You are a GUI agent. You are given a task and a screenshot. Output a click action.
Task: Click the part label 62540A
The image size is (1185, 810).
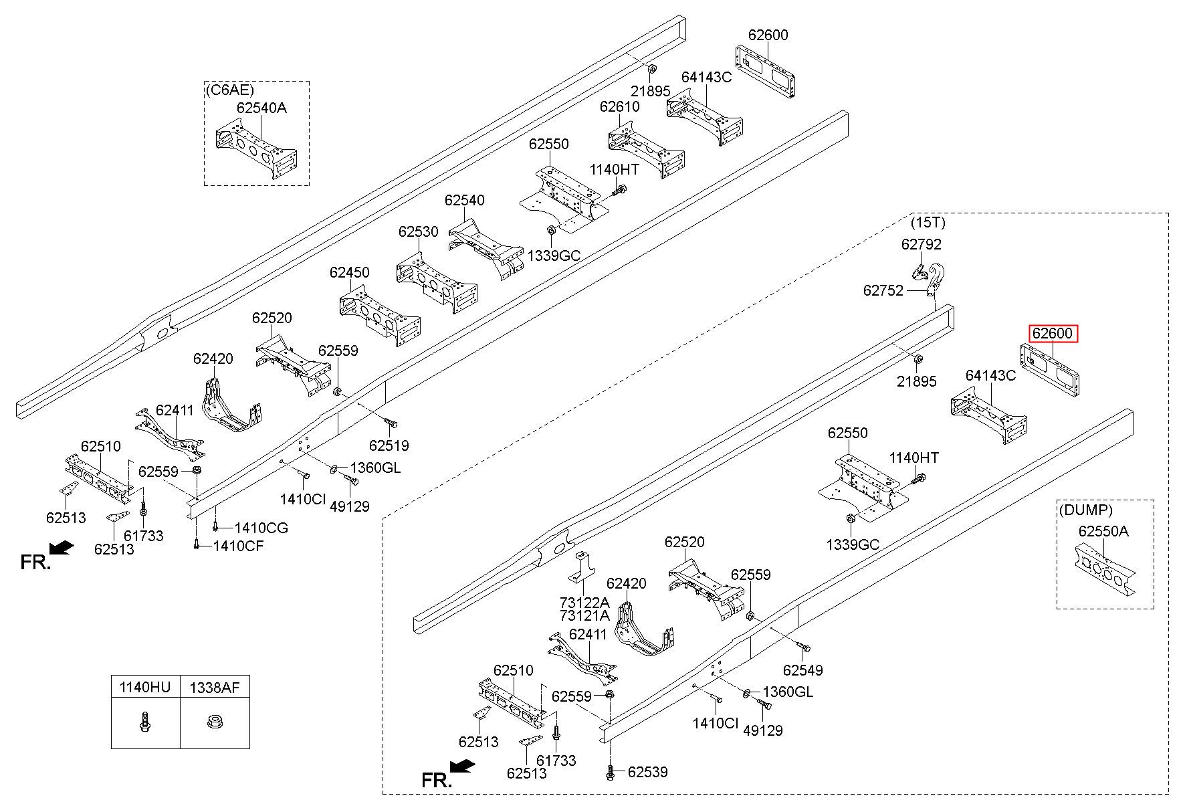(x=261, y=108)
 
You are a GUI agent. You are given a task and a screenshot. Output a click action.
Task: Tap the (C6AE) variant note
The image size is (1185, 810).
(x=229, y=90)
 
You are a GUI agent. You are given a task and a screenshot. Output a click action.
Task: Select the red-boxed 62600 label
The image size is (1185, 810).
(x=1053, y=333)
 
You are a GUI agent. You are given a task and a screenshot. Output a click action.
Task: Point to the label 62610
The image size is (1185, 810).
(x=619, y=106)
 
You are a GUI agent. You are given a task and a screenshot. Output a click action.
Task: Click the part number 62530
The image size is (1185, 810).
(x=419, y=231)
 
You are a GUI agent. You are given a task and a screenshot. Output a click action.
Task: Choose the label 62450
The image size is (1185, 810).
(x=349, y=272)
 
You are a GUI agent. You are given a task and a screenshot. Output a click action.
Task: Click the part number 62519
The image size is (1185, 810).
(x=389, y=445)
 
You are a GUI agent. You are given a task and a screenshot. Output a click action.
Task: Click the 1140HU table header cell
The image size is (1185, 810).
(x=145, y=687)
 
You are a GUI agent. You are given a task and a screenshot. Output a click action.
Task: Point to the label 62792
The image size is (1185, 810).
(x=922, y=244)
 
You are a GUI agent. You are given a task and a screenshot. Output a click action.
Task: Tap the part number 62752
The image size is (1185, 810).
(x=883, y=290)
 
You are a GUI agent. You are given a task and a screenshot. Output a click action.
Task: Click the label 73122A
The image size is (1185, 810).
(x=584, y=602)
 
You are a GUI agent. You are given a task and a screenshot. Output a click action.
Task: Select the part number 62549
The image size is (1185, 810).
(x=803, y=670)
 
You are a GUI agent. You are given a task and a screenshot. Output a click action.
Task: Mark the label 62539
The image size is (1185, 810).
(x=647, y=772)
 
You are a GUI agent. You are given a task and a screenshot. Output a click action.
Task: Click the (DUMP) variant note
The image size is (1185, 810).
(x=1086, y=510)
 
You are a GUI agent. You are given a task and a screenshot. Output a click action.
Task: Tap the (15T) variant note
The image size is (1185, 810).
(x=928, y=222)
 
